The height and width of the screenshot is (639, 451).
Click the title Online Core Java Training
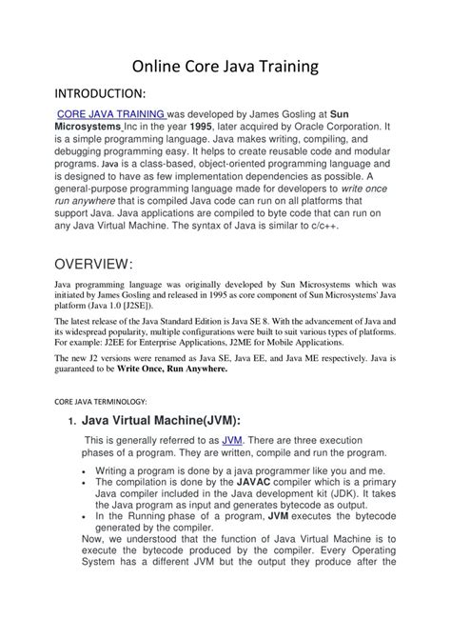coord(225,68)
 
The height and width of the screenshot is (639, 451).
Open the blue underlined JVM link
coord(231,467)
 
